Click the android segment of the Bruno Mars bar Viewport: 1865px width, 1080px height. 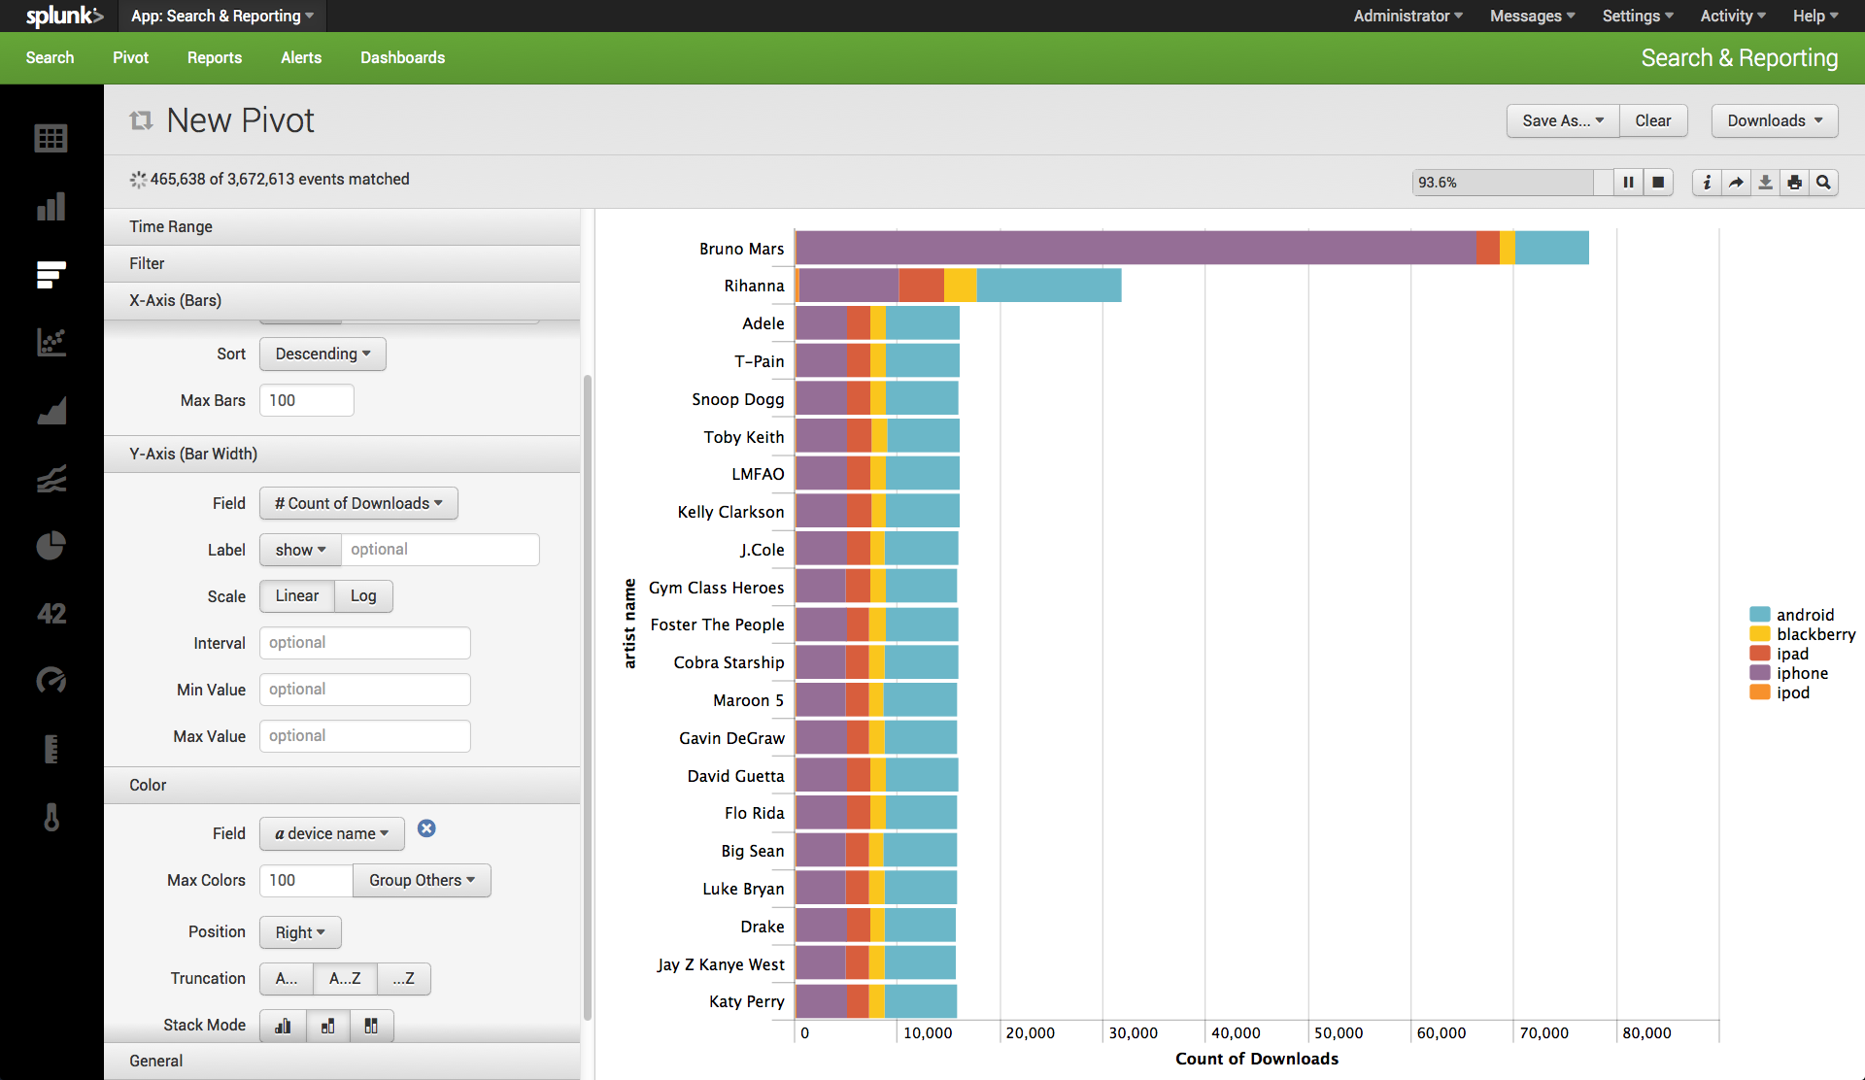1551,248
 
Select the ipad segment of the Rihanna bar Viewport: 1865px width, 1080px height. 921,286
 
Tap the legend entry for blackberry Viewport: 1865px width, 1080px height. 1803,634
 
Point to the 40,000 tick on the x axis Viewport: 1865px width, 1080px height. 1236,1033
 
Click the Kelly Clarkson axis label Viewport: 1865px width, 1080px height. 730,512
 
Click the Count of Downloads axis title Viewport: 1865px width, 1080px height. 1257,1059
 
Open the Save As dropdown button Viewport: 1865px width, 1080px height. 1563,120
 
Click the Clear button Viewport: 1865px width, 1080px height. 1653,120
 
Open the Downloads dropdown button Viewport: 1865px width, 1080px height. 1775,120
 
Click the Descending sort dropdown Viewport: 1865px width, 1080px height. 322,354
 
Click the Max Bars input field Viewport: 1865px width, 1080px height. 307,400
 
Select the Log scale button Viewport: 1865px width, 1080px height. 363,596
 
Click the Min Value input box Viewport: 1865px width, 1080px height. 365,690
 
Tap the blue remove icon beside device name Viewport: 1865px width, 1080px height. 426,828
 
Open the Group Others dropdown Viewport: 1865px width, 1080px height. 422,880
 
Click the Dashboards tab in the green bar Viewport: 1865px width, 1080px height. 402,58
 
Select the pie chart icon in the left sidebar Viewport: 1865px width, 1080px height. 51,546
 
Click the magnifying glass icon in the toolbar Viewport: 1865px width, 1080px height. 1824,183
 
